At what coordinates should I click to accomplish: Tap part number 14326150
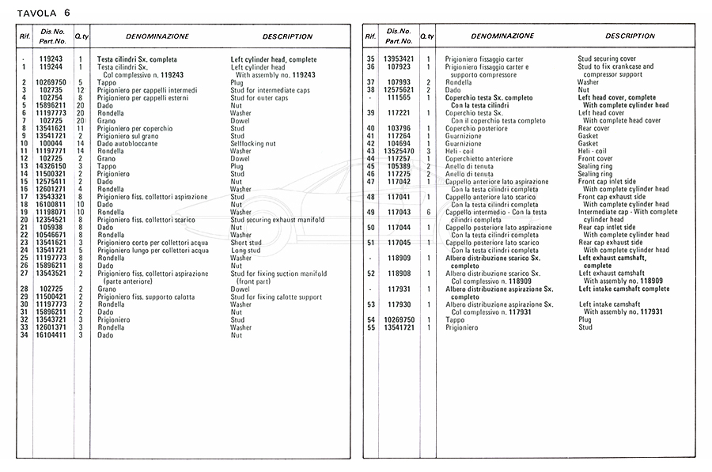point(51,166)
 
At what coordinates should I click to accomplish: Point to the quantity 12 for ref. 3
point(80,90)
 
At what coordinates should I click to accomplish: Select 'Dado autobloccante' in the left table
point(126,143)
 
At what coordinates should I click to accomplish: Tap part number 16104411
point(51,335)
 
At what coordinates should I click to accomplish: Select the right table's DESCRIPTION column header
point(630,36)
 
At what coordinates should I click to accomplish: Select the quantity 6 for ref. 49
point(428,212)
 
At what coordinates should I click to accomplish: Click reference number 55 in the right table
point(370,327)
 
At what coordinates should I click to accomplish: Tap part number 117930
point(400,304)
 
